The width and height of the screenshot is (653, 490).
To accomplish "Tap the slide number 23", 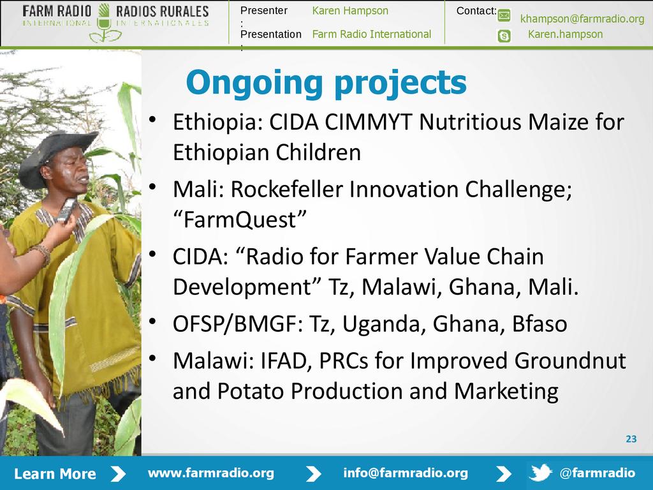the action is coord(631,439).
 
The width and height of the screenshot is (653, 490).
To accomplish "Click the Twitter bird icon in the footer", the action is coord(540,473).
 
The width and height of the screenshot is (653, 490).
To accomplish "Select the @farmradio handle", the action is coord(598,473).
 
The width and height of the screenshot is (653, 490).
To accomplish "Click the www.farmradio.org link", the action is coord(211,473).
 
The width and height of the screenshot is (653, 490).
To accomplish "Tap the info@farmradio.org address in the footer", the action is coord(406,473).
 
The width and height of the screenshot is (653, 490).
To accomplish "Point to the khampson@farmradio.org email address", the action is coord(582,19).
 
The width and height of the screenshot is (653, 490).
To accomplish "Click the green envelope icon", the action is coord(504,16).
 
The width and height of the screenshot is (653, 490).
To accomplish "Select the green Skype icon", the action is coord(504,36).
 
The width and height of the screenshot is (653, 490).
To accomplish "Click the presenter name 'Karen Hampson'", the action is coord(350,11).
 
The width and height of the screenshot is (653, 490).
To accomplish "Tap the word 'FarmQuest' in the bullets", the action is coord(240,219).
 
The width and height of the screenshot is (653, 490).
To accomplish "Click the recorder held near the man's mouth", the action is coord(66,210).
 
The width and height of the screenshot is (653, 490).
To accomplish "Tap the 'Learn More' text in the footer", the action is coord(55,474).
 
